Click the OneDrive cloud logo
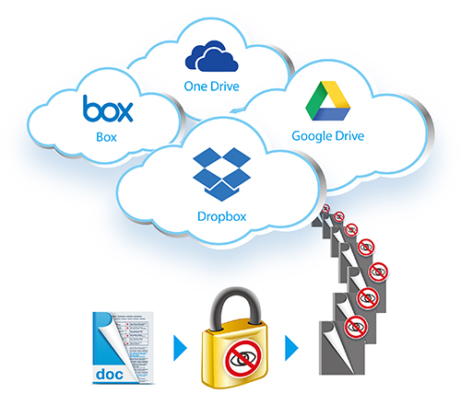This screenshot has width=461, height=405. click(x=211, y=56)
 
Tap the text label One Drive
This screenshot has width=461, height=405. click(x=211, y=87)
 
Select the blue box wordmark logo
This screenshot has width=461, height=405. click(x=108, y=109)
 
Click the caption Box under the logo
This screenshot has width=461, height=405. click(x=106, y=137)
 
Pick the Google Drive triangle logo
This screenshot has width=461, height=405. click(x=328, y=100)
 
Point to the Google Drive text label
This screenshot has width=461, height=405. click(x=328, y=136)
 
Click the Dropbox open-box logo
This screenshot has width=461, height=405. click(x=221, y=174)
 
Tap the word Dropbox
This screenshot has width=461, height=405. click(x=221, y=216)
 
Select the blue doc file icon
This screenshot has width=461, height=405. click(x=123, y=348)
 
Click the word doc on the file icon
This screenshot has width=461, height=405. click(x=110, y=375)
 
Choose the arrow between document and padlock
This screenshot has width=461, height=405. click(x=180, y=348)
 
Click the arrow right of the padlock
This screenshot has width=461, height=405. click(x=291, y=348)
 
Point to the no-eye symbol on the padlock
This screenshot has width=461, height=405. click(x=243, y=358)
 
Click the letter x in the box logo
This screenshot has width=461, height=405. click(x=124, y=112)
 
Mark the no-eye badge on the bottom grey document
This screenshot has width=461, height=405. click(x=356, y=327)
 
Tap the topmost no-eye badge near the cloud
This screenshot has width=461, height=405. click(x=325, y=209)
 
